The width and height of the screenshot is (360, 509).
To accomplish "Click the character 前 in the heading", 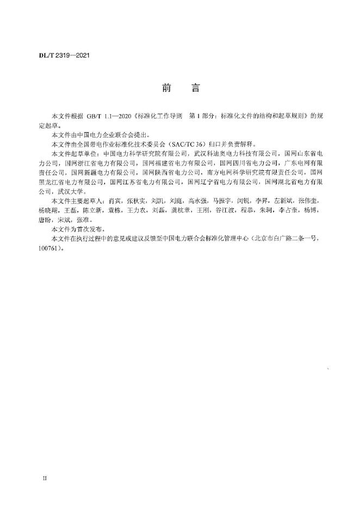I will click(166, 87).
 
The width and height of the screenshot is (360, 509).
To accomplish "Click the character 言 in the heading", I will click(196, 87).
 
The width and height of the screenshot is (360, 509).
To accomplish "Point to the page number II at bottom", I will click(46, 479).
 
